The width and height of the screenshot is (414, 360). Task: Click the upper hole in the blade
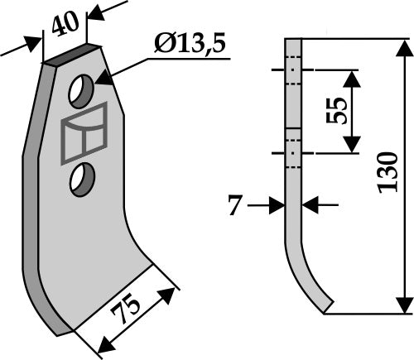click(x=81, y=92)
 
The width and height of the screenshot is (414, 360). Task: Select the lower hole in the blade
click(x=82, y=178)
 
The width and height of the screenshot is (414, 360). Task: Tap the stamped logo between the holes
click(x=83, y=132)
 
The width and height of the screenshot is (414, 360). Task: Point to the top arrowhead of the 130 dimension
click(x=404, y=46)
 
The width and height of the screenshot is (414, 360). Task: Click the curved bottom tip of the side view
click(x=326, y=306)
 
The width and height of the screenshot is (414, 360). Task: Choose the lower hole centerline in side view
click(x=291, y=154)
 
